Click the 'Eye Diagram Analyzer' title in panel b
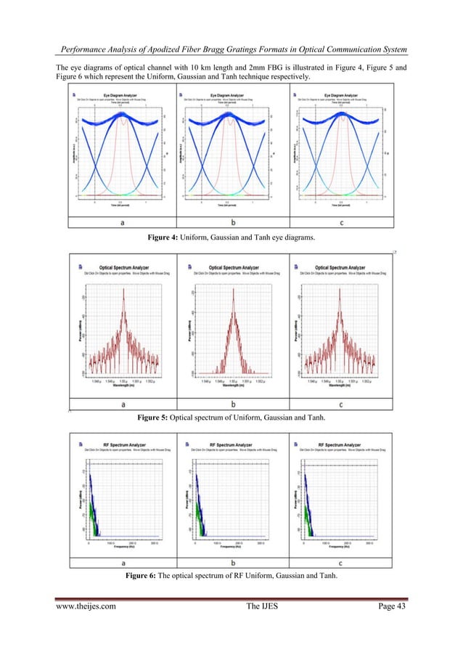click(235, 94)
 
